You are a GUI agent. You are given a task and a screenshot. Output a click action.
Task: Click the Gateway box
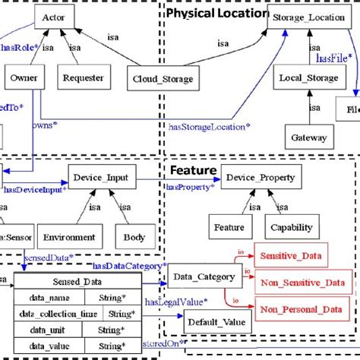click(x=308, y=137)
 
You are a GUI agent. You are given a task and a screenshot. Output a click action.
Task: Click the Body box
click(x=134, y=237)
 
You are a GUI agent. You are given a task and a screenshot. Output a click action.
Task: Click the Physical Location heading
click(x=216, y=13)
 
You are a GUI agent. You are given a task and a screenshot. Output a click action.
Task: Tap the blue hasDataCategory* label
click(x=129, y=266)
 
